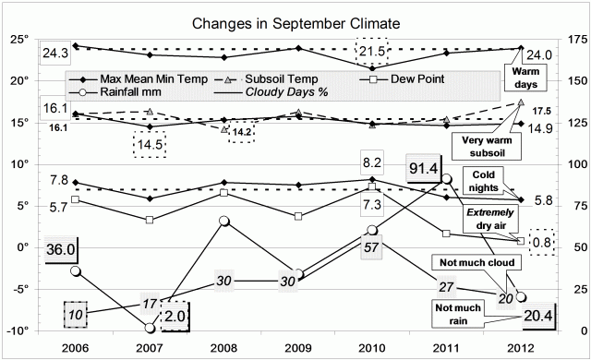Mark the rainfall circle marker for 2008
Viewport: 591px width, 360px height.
point(223,221)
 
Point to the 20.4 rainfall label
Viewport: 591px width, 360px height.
point(534,316)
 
